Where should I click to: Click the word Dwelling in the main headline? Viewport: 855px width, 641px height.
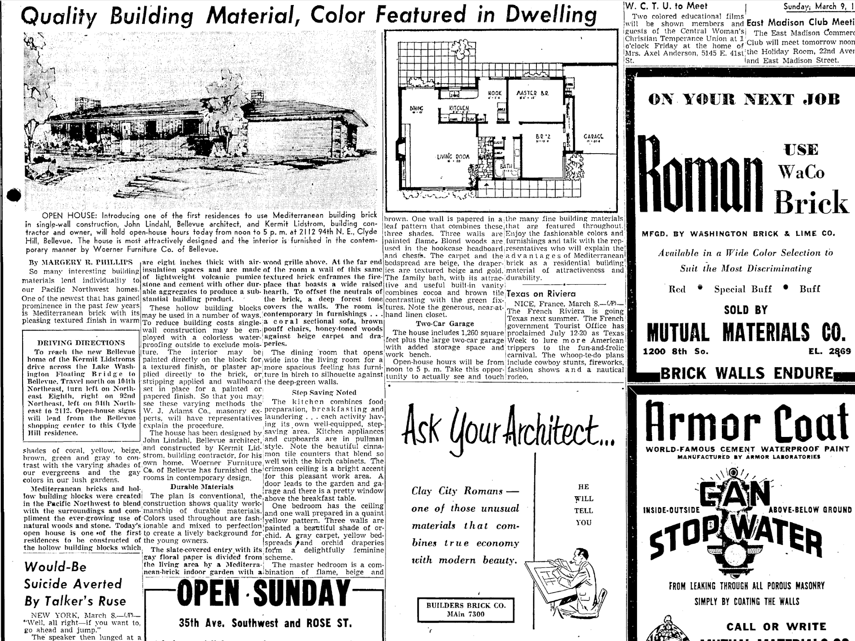(x=551, y=15)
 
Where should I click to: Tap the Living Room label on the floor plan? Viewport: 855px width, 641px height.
(x=453, y=157)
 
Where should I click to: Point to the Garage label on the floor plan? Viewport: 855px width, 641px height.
(x=593, y=136)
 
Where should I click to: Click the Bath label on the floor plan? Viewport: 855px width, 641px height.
(x=506, y=167)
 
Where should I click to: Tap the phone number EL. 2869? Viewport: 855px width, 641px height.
(x=829, y=351)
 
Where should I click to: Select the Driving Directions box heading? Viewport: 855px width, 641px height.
(x=81, y=343)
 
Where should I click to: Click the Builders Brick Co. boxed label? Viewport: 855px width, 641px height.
(x=465, y=609)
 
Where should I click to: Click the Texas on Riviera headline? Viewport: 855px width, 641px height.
(x=541, y=294)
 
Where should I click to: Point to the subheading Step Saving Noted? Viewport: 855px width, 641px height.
(x=324, y=392)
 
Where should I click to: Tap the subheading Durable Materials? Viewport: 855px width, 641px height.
(x=202, y=487)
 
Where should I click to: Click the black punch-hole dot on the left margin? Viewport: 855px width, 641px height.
(x=14, y=195)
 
